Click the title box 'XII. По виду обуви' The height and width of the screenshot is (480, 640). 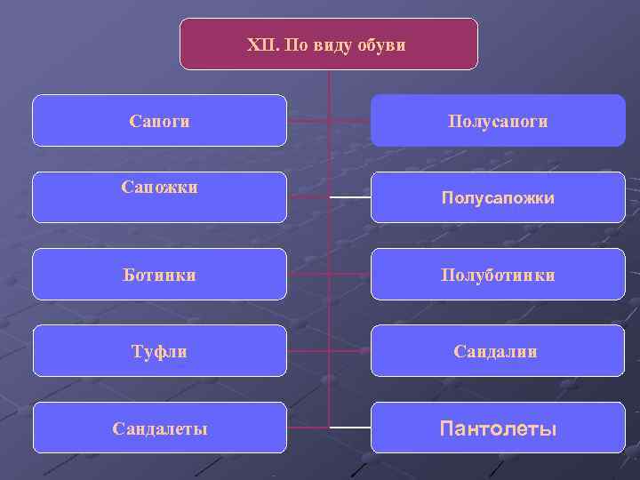coord(328,44)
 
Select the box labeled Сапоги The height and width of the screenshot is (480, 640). coord(159,120)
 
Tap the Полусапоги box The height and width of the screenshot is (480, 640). coord(498,120)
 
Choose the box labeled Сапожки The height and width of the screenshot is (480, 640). coord(159,196)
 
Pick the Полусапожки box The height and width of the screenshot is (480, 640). coord(498,197)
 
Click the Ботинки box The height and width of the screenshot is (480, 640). coord(159,275)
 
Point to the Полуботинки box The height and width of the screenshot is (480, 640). coord(498,275)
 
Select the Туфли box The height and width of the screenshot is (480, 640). coord(159,351)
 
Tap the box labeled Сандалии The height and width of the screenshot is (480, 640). coord(498,351)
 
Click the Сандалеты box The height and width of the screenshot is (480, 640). coord(159,428)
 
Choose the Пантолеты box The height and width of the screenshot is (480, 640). coord(498,428)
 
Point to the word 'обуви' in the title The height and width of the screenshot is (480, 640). coord(381,44)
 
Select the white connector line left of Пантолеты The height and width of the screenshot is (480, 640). coord(350,428)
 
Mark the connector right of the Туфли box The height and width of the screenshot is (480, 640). coord(308,351)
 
